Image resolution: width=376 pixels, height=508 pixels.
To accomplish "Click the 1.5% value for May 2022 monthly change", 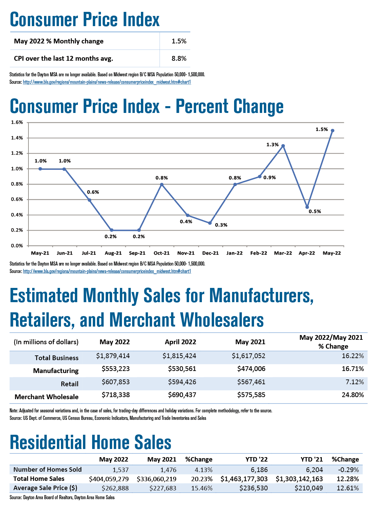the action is click(179, 41).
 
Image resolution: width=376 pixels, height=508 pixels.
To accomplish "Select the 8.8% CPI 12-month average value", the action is click(179, 58).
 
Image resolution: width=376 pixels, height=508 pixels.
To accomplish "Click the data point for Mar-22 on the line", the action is click(283, 146).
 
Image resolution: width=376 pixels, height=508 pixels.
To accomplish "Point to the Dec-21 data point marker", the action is click(210, 223).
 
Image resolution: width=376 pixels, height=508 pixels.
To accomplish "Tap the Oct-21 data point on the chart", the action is click(162, 184).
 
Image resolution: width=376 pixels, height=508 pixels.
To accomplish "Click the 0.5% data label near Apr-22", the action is click(315, 211).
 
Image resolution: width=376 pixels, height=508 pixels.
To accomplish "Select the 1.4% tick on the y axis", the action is click(17, 138).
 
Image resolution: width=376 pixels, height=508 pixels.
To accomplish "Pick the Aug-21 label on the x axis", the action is click(113, 253).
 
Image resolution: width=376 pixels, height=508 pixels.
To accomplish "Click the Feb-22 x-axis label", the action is click(258, 253).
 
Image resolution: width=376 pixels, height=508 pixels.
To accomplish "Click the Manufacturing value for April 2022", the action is click(182, 369).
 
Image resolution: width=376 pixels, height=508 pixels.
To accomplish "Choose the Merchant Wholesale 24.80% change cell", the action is click(353, 395).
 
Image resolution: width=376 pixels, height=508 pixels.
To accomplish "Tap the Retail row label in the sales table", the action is click(69, 384).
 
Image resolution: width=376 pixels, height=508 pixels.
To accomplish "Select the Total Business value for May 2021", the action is click(248, 356).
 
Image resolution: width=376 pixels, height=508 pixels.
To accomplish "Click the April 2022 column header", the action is click(180, 342).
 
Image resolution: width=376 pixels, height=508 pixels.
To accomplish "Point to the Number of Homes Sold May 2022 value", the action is click(121, 470).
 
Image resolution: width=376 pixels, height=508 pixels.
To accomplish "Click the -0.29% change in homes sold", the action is click(348, 470).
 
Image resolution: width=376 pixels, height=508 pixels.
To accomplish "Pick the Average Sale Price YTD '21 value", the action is click(309, 488).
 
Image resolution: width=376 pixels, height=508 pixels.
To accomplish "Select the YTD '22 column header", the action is click(256, 460).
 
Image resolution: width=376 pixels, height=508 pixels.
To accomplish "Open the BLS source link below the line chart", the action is click(107, 271).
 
